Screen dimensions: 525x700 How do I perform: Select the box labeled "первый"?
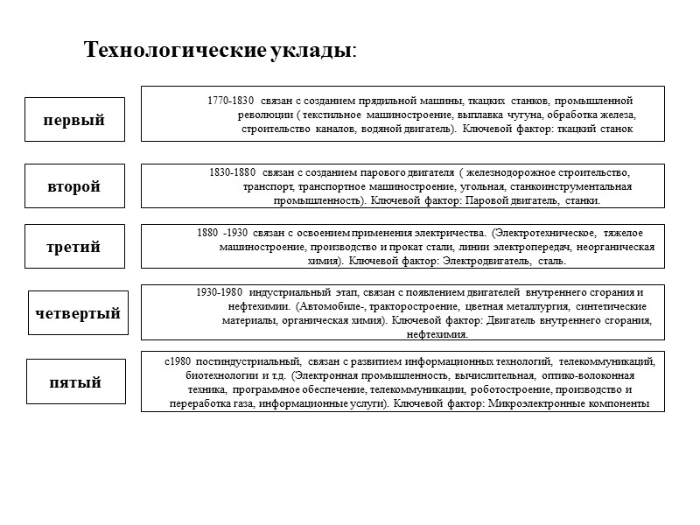click(x=74, y=120)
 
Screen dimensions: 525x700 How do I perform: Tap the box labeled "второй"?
click(x=74, y=186)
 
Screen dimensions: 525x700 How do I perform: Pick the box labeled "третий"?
click(x=74, y=246)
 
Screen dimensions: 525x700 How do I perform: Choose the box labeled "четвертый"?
click(x=78, y=312)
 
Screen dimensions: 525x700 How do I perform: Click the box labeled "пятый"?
click(x=74, y=382)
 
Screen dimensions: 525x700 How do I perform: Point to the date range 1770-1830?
click(x=231, y=101)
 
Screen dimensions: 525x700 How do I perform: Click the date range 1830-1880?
click(x=233, y=172)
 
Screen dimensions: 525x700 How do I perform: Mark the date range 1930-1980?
click(x=220, y=292)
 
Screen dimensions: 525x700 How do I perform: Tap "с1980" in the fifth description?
click(x=178, y=360)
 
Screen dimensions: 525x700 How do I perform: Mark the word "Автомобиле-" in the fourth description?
click(x=333, y=306)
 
